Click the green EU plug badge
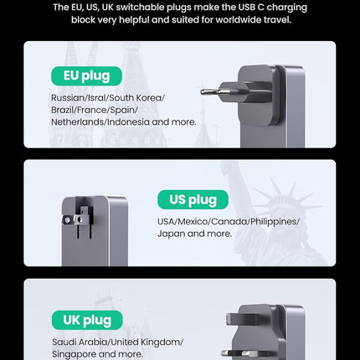click(86, 76)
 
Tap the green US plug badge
click(193, 199)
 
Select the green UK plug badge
click(86, 321)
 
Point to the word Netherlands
click(76, 121)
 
